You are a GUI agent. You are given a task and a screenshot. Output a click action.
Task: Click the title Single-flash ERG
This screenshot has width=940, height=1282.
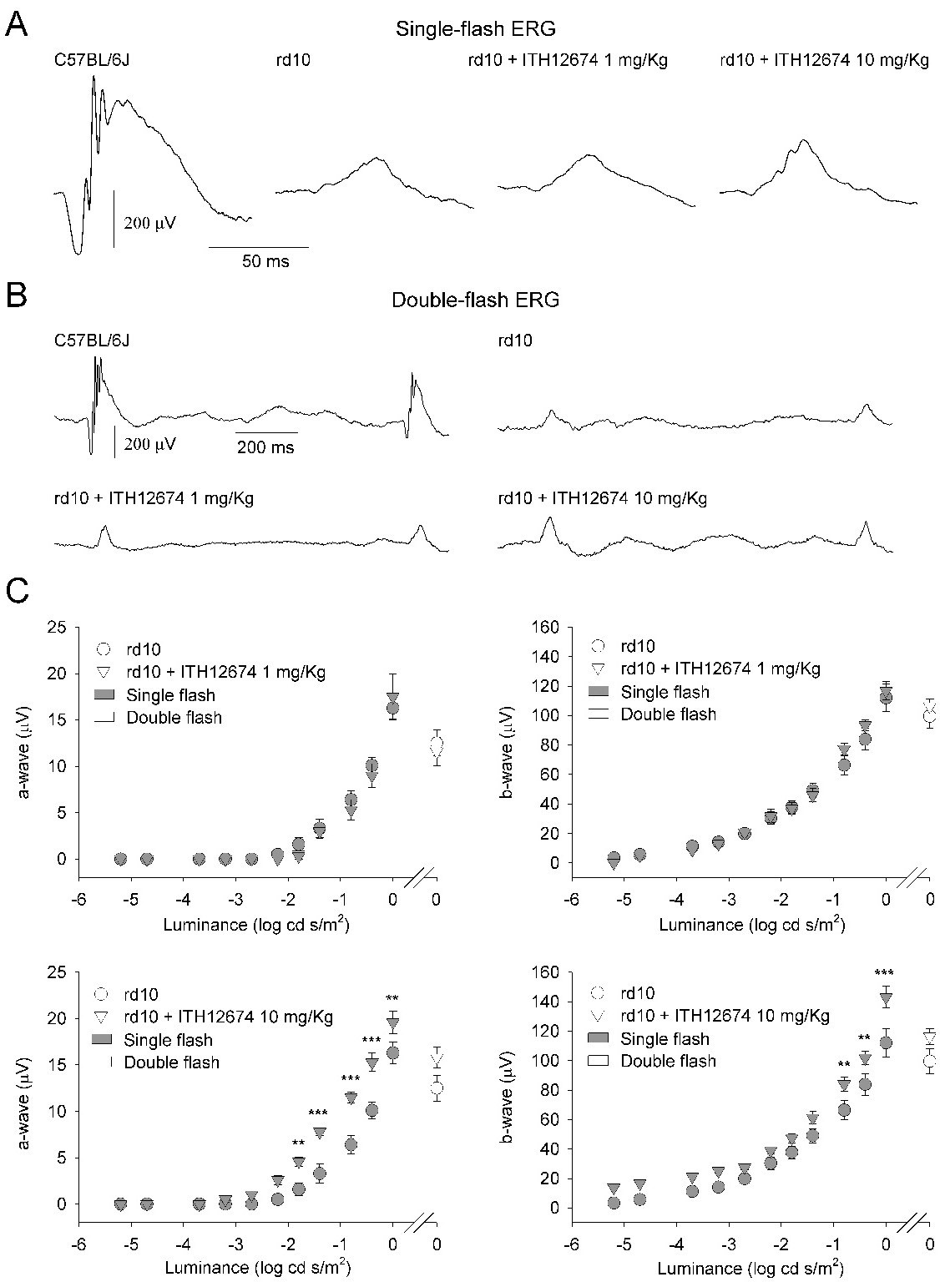tap(476, 29)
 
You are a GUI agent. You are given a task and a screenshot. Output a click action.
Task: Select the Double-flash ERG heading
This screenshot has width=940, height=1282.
tap(476, 300)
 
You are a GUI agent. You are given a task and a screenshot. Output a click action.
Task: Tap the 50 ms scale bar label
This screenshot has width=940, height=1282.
tap(265, 261)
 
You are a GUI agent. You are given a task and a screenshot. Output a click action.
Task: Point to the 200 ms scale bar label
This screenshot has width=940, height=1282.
tap(265, 447)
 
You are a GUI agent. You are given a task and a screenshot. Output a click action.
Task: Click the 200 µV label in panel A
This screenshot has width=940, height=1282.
tap(150, 222)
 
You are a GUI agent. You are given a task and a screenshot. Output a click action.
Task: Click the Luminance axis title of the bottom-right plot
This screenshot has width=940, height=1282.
tap(751, 1269)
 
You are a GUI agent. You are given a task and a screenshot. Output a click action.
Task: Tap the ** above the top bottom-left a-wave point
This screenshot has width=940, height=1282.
tap(392, 998)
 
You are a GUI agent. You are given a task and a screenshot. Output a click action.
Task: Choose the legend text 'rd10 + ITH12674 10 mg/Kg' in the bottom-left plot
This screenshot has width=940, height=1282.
tap(229, 1017)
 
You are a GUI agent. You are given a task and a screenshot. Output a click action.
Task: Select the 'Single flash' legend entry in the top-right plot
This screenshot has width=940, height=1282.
tap(665, 692)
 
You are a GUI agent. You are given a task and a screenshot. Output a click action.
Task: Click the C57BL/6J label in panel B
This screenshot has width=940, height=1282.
tap(92, 341)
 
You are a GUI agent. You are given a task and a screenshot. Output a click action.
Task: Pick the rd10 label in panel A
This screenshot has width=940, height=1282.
tap(293, 59)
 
